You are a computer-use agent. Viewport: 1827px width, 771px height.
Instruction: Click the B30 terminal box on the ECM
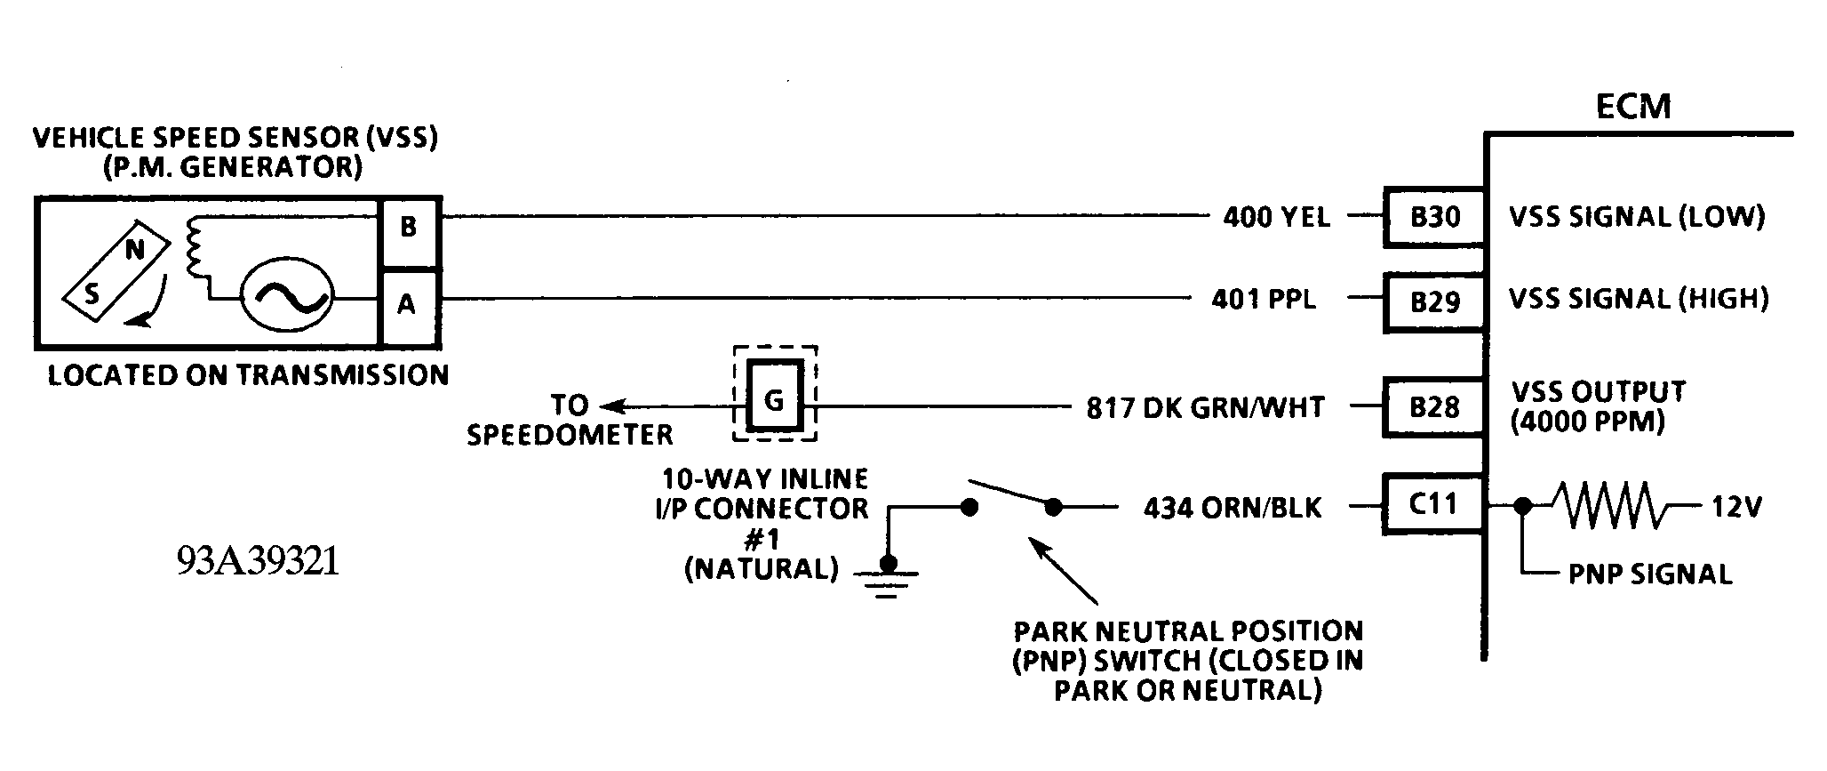(x=1434, y=217)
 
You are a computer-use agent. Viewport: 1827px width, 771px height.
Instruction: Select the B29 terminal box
(x=1434, y=302)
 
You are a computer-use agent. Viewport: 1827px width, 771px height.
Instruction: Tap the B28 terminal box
(x=1434, y=407)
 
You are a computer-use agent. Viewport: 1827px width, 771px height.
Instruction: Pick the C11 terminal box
(x=1434, y=504)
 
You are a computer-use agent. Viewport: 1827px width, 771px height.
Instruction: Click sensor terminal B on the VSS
(x=409, y=229)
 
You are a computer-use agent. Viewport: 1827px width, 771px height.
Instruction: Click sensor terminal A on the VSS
(x=407, y=305)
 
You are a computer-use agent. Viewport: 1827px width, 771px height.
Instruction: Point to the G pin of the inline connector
(x=774, y=401)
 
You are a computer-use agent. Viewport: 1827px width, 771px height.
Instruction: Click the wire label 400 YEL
(x=1276, y=217)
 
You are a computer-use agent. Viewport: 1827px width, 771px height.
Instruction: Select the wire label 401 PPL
(x=1264, y=299)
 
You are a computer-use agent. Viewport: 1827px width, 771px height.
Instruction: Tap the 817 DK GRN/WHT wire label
(x=1205, y=408)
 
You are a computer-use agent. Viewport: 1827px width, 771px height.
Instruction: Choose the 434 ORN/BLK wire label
(x=1232, y=509)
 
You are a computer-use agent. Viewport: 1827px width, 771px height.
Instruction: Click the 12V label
(x=1736, y=508)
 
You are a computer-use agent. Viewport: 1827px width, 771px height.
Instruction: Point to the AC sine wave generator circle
(x=288, y=299)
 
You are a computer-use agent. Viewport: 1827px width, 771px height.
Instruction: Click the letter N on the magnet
(x=134, y=251)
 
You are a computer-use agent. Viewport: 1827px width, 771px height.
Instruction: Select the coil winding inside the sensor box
(x=192, y=249)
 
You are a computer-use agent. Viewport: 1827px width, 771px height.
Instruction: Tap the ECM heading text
(x=1633, y=107)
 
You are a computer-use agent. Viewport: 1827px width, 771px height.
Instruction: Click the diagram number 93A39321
(x=258, y=562)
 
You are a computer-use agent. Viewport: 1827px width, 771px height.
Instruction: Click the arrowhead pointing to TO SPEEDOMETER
(x=610, y=407)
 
